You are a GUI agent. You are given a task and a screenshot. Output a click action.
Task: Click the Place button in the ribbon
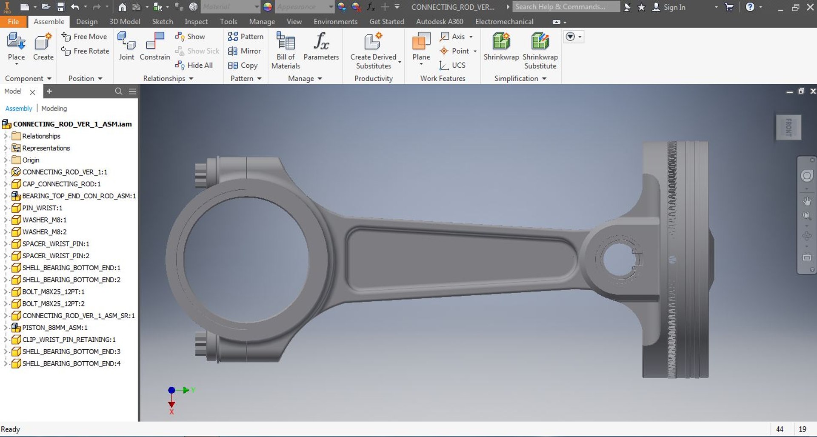pyautogui.click(x=16, y=47)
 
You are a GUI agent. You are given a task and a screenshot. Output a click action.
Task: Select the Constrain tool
pyautogui.click(x=155, y=47)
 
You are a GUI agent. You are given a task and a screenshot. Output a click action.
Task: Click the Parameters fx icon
pyautogui.click(x=321, y=42)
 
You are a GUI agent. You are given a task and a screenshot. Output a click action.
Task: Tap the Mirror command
pyautogui.click(x=245, y=51)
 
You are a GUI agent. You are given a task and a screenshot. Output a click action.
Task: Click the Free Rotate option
pyautogui.click(x=86, y=51)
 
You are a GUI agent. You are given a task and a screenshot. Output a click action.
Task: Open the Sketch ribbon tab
pyautogui.click(x=163, y=22)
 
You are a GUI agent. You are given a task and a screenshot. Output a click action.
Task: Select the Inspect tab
pyautogui.click(x=196, y=22)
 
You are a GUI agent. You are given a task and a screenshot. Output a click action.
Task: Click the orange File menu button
pyautogui.click(x=13, y=22)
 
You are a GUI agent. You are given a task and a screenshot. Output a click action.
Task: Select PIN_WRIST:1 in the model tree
pyautogui.click(x=42, y=208)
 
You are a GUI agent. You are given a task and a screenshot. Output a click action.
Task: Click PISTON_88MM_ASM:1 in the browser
pyautogui.click(x=54, y=328)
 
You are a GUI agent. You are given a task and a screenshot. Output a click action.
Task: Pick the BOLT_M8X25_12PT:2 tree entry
pyautogui.click(x=53, y=304)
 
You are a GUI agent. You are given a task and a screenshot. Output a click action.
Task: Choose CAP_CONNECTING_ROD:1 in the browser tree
pyautogui.click(x=61, y=184)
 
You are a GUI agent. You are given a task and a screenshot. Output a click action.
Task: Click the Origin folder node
pyautogui.click(x=31, y=160)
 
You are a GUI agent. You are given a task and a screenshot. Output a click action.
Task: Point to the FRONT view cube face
pyautogui.click(x=788, y=127)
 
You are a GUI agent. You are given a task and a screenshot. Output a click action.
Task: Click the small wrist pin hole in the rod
pyautogui.click(x=618, y=260)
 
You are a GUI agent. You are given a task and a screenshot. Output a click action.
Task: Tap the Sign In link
pyautogui.click(x=674, y=7)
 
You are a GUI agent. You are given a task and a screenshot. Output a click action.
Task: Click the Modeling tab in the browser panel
pyautogui.click(x=54, y=109)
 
